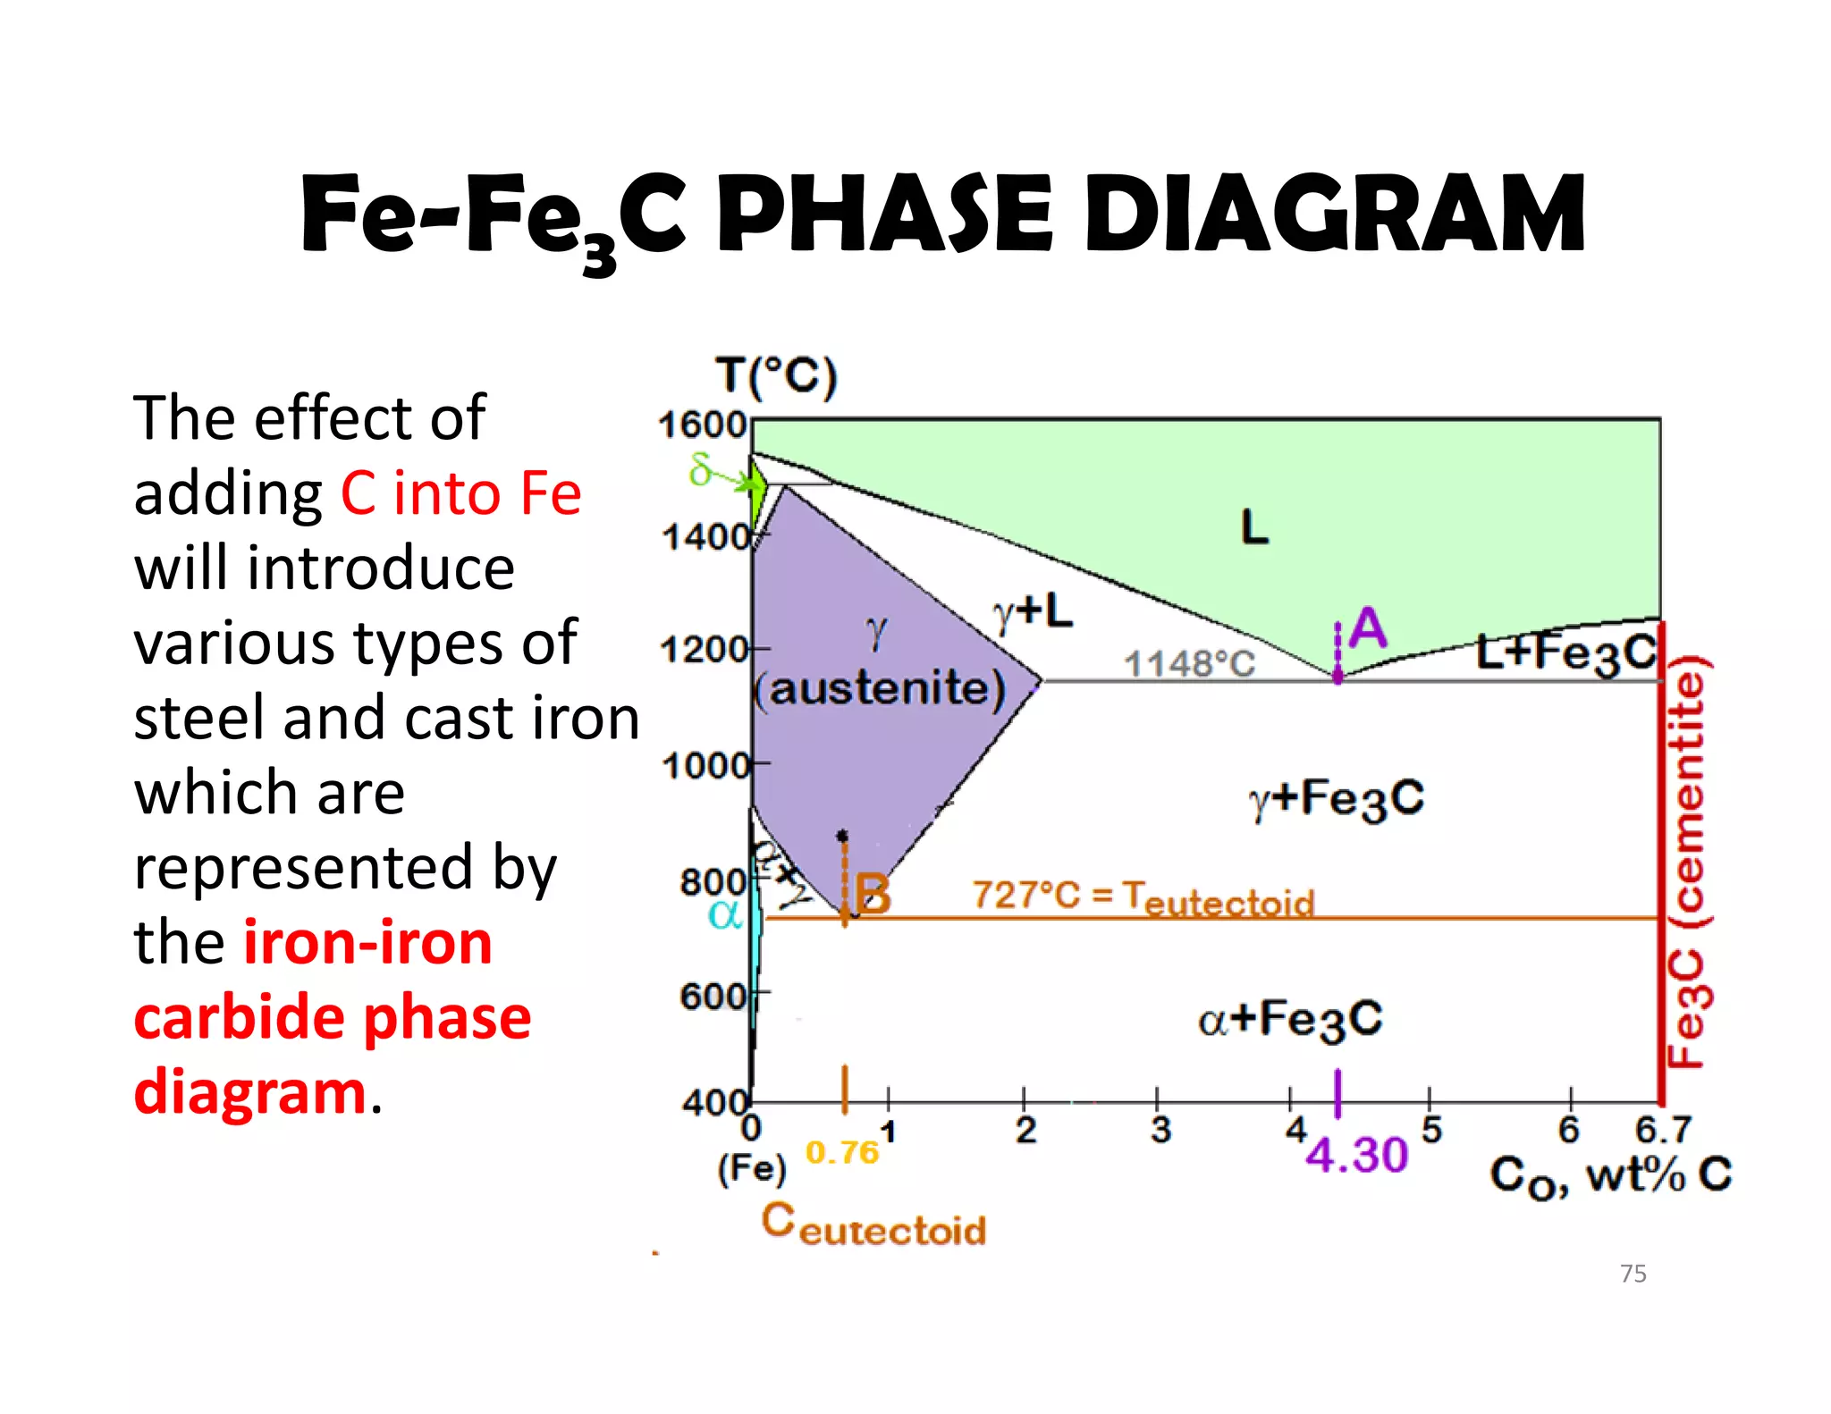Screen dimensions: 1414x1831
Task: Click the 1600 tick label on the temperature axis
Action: coord(702,425)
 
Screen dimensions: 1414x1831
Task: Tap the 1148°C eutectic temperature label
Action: coord(1189,664)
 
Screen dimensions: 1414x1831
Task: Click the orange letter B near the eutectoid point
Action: coord(873,895)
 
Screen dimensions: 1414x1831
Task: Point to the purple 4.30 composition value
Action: coord(1356,1156)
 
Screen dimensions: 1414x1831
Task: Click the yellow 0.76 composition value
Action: coord(842,1153)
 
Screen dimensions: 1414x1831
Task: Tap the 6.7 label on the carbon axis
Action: coord(1662,1131)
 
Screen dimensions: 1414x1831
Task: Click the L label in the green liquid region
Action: coord(1254,527)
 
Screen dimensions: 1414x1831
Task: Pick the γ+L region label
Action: coord(1033,613)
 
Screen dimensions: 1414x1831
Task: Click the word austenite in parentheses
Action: coord(880,689)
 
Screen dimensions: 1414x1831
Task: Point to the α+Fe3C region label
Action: coord(1290,1020)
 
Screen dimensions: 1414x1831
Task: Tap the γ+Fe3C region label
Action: coord(1337,798)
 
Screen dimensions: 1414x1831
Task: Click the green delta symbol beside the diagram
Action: coord(700,469)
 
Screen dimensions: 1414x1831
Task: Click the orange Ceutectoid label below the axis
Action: coord(873,1225)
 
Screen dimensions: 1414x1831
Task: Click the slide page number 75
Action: coord(1633,1274)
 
